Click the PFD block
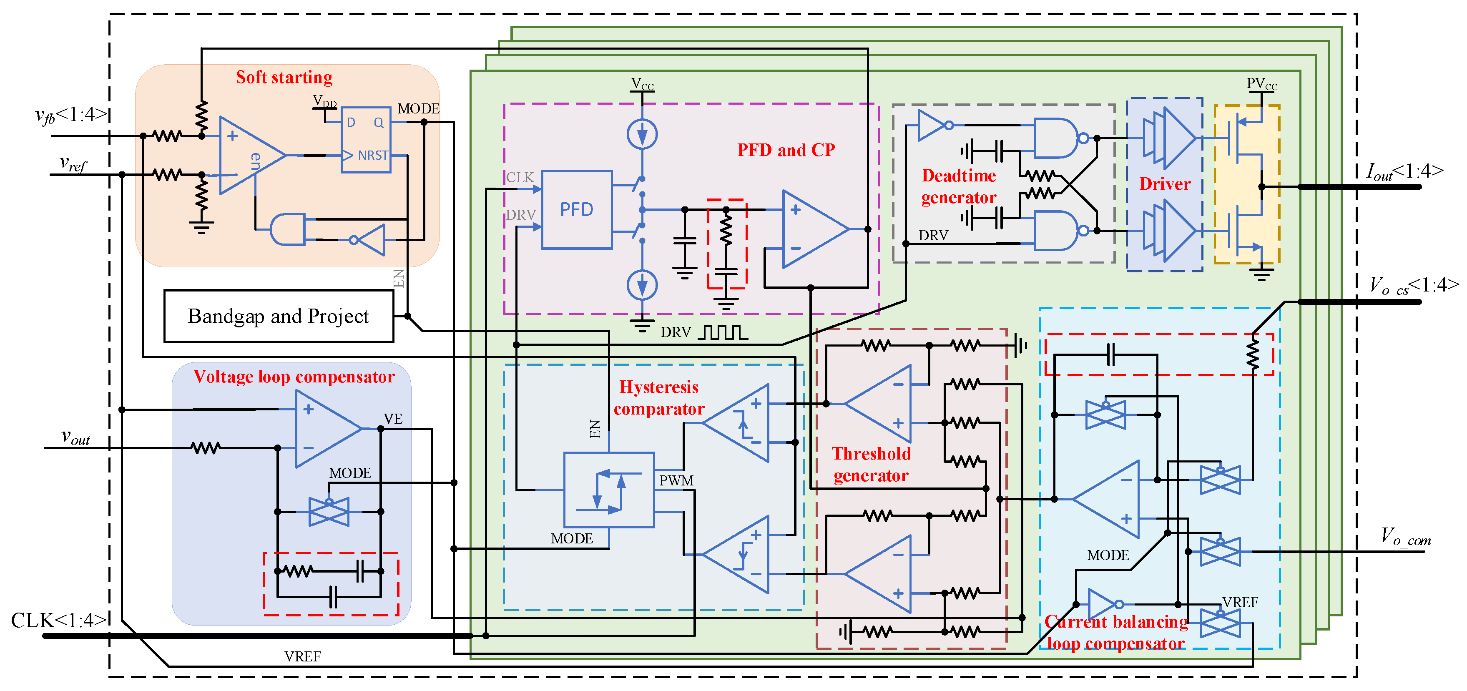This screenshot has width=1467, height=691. click(576, 210)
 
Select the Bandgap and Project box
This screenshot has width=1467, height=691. click(279, 316)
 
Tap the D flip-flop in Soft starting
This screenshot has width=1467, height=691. click(366, 140)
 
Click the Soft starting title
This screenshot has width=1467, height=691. click(284, 77)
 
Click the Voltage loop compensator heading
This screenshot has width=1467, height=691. click(294, 377)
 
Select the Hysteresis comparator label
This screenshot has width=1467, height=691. click(659, 397)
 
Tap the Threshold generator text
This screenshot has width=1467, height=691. click(871, 464)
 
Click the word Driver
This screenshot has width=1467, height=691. click(1165, 184)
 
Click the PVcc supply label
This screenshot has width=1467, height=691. click(1261, 84)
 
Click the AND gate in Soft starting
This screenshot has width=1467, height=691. click(288, 230)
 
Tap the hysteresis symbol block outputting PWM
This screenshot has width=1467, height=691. click(608, 490)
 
